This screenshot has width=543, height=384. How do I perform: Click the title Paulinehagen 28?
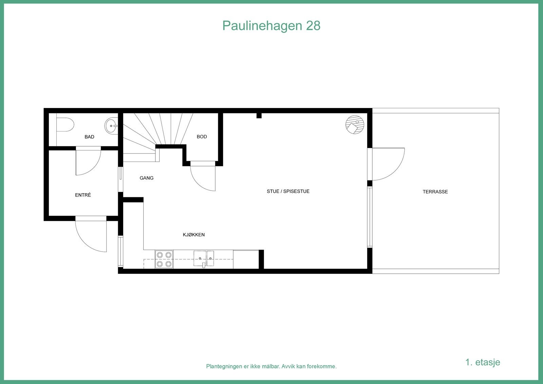[x=271, y=26]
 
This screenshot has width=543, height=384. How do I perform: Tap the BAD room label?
[x=89, y=137]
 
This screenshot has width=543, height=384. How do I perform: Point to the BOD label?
[x=202, y=136]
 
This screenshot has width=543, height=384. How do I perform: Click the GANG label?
[x=147, y=178]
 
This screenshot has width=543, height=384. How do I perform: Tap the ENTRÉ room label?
[x=83, y=195]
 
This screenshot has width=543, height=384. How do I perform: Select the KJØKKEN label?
[x=194, y=235]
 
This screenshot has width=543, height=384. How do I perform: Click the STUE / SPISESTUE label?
[x=288, y=191]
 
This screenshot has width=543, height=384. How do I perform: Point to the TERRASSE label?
[x=435, y=192]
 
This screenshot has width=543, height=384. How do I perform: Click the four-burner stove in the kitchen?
[x=164, y=259]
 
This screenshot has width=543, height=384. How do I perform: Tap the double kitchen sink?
[x=204, y=258]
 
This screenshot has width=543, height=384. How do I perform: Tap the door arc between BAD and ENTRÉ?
[x=88, y=162]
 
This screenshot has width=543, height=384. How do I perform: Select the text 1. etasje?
[x=483, y=362]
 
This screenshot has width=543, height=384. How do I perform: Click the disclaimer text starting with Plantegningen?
[x=271, y=366]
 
